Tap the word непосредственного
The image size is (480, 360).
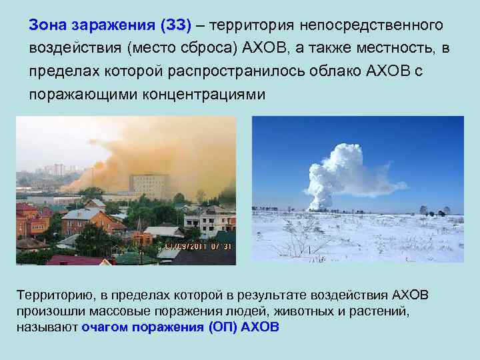tap(373, 25)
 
